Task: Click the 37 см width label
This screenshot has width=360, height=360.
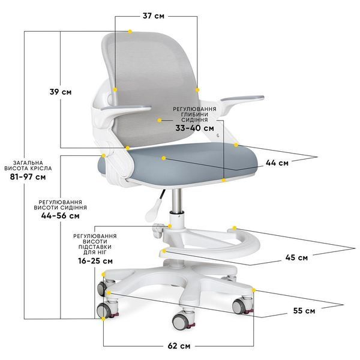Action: coord(154,16)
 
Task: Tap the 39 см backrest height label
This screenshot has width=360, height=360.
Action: coord(61,92)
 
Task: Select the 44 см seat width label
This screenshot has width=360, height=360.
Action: coord(277,163)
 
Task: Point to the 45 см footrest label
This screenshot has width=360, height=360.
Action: coord(296,257)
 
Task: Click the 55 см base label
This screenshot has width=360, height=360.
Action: coord(304,311)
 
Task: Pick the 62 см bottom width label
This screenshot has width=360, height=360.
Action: coord(179,346)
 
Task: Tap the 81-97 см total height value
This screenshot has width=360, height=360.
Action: coord(28,177)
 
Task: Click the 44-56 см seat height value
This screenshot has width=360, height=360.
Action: coord(61,215)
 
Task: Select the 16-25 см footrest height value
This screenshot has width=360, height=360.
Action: coord(95,261)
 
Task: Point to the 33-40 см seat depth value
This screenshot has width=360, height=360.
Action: coord(194,128)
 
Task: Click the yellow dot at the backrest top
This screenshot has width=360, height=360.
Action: coord(130,31)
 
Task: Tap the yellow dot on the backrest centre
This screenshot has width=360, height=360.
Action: coord(160,120)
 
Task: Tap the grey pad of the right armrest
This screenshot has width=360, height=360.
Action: coord(242,98)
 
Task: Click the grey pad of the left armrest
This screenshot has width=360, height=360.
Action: coord(126,107)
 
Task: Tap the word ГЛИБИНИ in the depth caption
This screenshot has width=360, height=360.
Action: coord(194,115)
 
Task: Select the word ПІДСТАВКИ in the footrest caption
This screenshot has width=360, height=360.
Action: coord(95,247)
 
